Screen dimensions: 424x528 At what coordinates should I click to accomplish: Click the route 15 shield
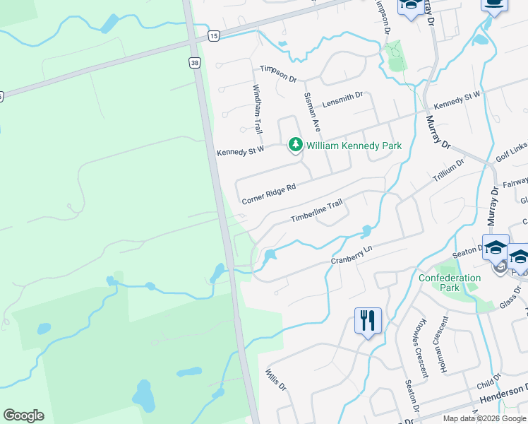tap(213, 35)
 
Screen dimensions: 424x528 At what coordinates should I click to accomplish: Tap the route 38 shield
tap(194, 63)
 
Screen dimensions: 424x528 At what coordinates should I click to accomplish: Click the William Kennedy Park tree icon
tap(295, 146)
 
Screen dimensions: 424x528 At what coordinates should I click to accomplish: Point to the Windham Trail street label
tap(258, 110)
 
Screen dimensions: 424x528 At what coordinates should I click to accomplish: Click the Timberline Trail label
tap(317, 212)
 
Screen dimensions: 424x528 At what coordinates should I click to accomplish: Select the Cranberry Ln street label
tap(352, 257)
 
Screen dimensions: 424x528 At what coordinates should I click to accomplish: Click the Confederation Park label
tap(449, 283)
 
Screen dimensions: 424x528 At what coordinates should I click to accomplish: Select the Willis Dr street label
tap(276, 381)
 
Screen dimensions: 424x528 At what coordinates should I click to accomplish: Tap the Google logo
tap(23, 416)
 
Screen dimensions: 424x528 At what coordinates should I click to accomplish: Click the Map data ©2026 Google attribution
tap(484, 418)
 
